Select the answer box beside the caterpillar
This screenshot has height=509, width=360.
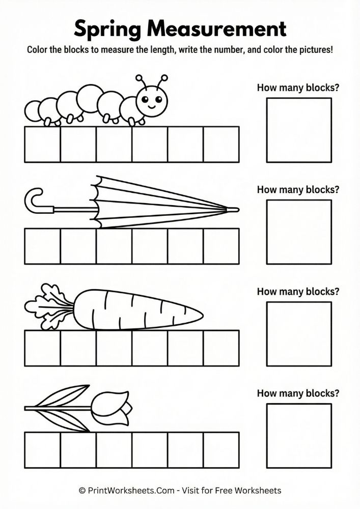299,130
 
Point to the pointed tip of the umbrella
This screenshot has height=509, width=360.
235,209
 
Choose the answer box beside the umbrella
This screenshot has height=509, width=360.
299,232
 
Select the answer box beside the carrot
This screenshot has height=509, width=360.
299,333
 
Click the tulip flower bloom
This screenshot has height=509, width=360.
115,407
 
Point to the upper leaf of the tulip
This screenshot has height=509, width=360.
69,395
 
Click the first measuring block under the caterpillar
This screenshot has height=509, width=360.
42,145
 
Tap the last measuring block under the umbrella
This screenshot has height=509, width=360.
221,246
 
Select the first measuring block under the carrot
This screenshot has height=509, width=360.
42,348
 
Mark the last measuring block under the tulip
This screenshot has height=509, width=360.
221,450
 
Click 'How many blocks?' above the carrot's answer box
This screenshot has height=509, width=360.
298,292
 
